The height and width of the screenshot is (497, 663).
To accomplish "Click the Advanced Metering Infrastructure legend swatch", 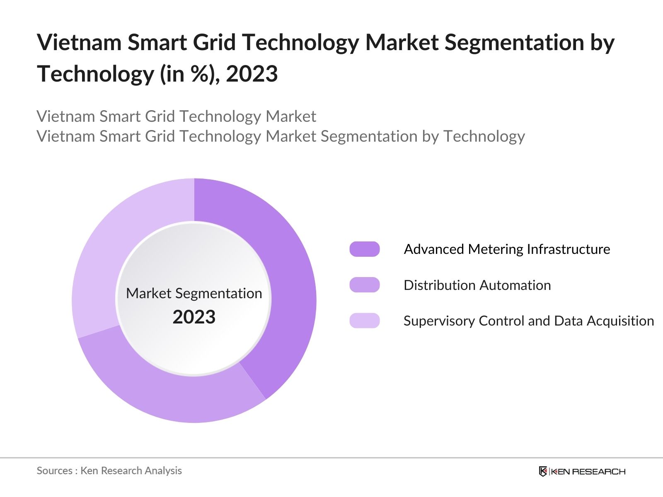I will (365, 249).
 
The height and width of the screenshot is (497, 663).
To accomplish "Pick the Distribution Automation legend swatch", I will (365, 285).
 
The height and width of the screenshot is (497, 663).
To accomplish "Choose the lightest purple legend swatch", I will (365, 321).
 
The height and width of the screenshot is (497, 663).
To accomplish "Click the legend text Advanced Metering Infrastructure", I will (507, 249).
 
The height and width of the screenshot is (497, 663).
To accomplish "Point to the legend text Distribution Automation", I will (477, 285).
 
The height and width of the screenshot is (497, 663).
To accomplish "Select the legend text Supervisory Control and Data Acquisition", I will (528, 321).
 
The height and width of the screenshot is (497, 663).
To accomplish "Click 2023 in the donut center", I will (194, 317).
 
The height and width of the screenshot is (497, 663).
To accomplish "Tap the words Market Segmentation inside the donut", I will (194, 293).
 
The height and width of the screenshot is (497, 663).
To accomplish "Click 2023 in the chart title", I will (252, 74).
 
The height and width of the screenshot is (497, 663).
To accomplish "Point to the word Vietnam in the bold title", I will (79, 42).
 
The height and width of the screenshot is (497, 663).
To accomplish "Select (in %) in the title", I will (190, 74).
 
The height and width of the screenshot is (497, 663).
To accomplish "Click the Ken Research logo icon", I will (543, 471).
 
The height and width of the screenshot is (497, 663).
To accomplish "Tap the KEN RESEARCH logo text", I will (588, 471).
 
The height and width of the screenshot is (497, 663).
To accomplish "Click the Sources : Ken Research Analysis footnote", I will (109, 470).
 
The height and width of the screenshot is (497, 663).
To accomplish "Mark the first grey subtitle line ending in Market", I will (176, 116).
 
